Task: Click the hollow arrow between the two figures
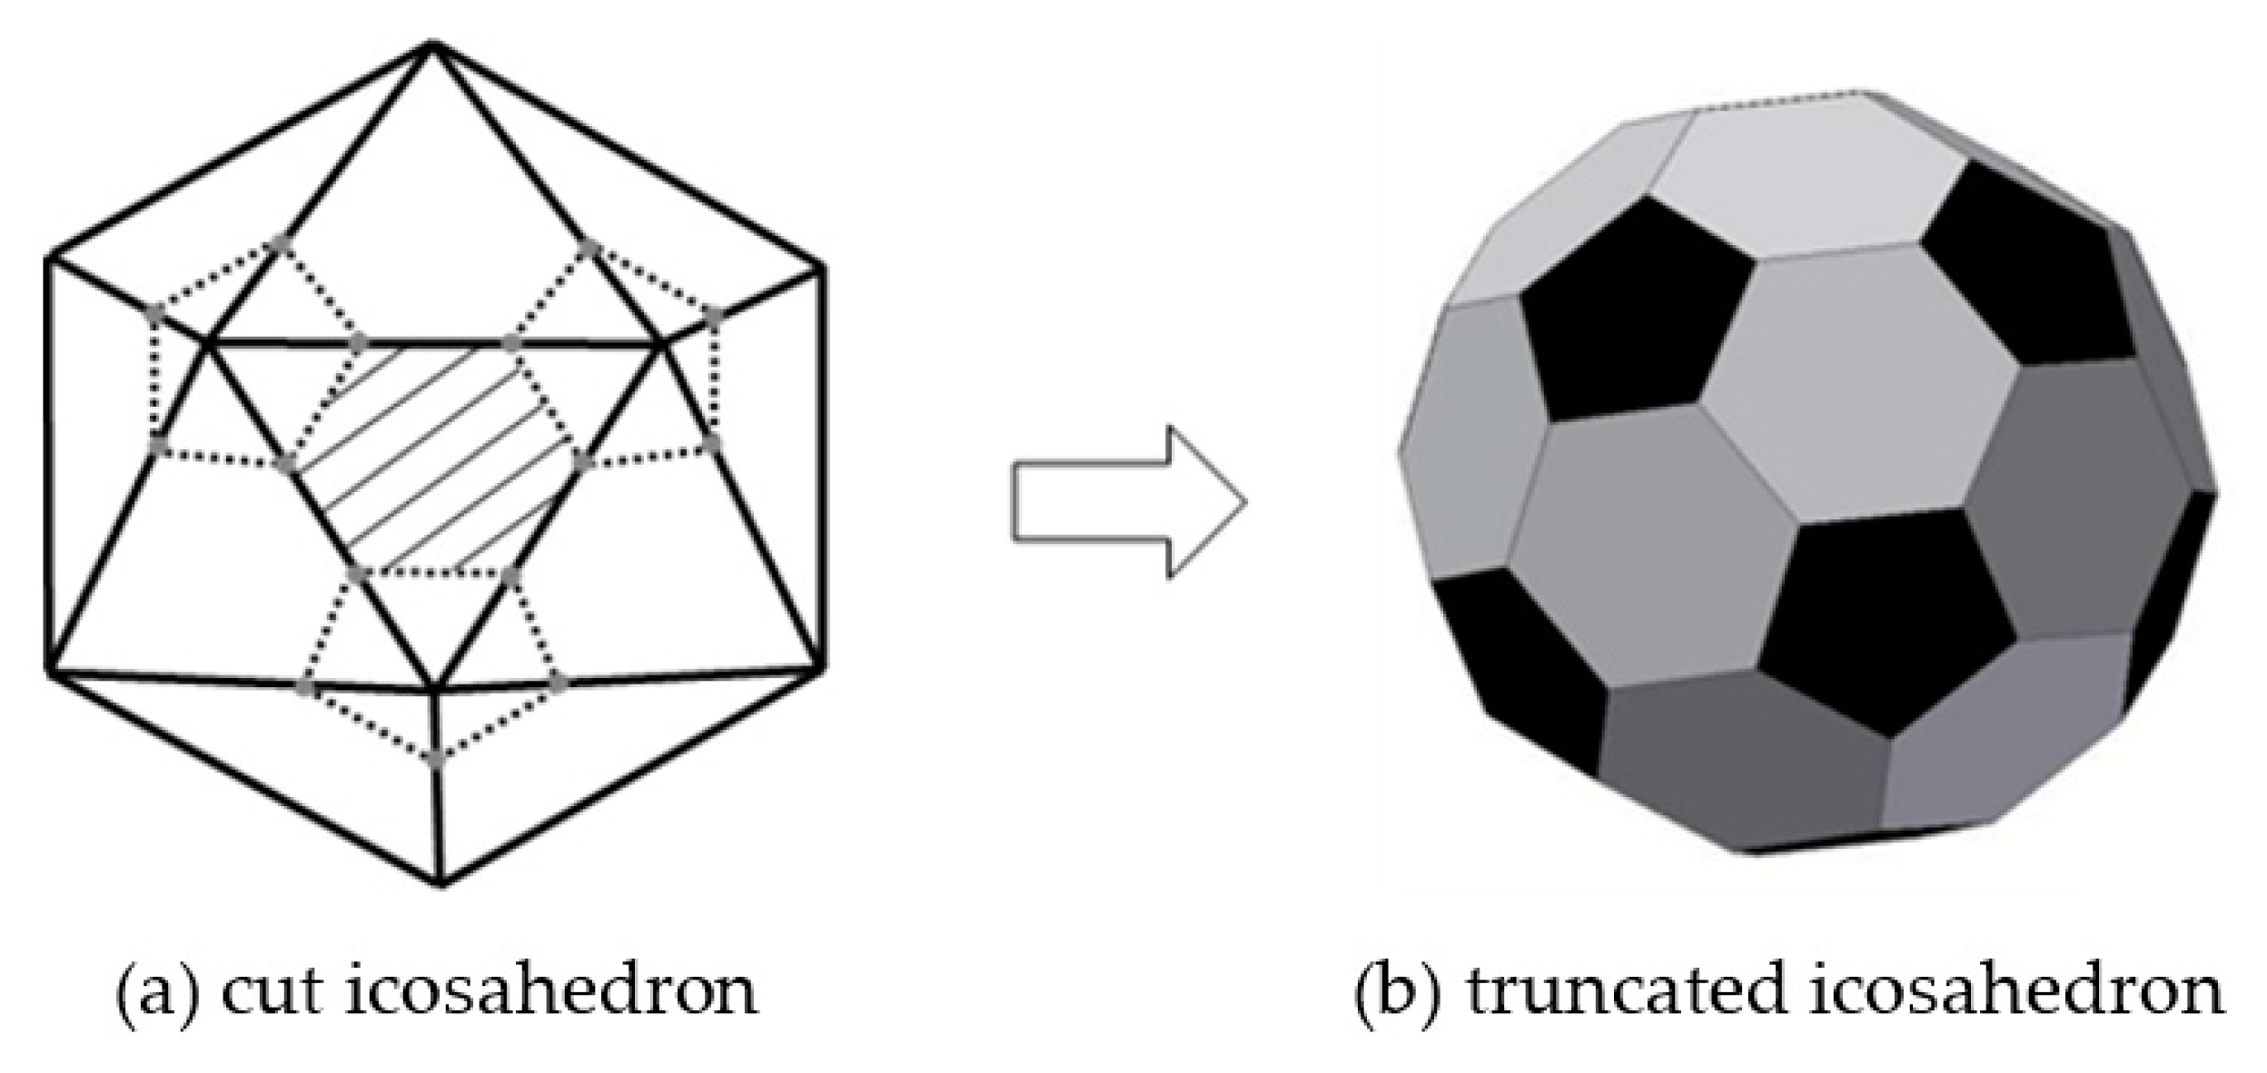[x=1126, y=501]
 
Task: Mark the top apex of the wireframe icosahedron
[x=433, y=44]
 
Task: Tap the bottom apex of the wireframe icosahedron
[x=441, y=883]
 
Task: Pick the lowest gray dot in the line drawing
[x=437, y=756]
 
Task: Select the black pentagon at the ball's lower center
[x=1885, y=617]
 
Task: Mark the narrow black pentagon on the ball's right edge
[x=2175, y=590]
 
